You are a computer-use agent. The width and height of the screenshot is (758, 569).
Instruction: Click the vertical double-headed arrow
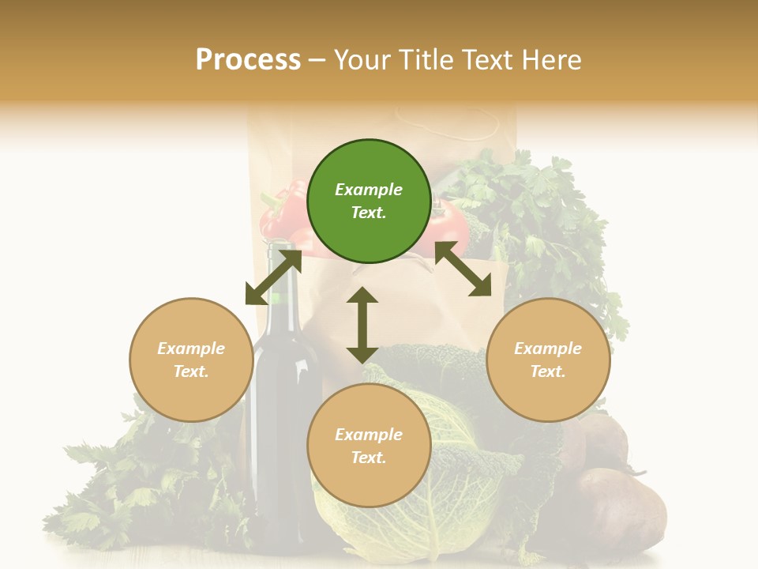[x=362, y=325]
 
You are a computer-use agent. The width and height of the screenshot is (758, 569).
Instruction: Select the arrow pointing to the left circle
[x=273, y=277]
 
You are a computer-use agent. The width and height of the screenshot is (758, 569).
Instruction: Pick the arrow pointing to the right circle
[x=463, y=269]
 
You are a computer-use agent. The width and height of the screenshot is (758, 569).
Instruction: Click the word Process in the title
[x=248, y=59]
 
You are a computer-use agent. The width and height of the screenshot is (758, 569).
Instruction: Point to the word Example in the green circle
[x=369, y=190]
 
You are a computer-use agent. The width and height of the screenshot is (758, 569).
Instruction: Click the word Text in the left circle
[x=191, y=371]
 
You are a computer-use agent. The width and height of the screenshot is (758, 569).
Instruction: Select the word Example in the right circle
[x=548, y=349]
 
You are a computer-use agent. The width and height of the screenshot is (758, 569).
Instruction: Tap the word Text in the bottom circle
[x=369, y=458]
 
